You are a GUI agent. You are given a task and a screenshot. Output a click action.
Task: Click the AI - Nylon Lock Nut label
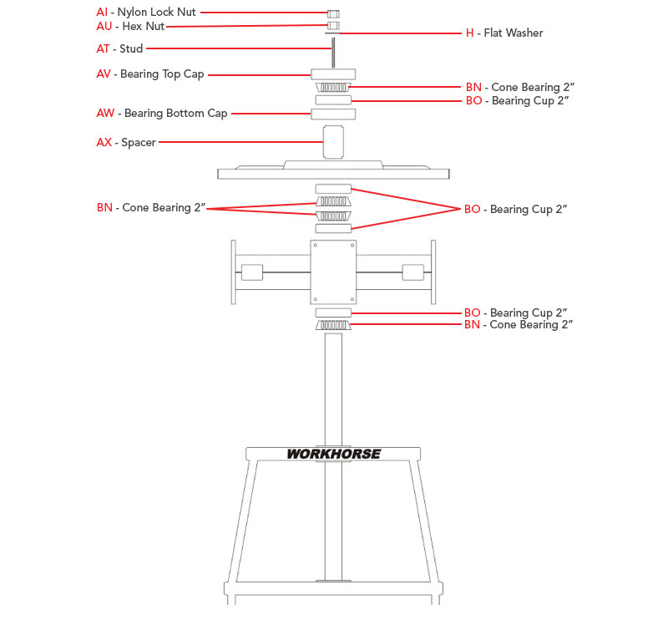tap(146, 13)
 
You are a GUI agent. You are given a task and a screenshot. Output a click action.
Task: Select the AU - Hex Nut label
tap(130, 26)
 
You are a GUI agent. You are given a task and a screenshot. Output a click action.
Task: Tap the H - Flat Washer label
tap(504, 33)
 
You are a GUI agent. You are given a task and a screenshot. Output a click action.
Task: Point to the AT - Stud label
tap(119, 48)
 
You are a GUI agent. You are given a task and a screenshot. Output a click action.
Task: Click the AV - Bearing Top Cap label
tap(150, 74)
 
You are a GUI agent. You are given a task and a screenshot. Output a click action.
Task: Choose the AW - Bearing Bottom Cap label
tap(162, 114)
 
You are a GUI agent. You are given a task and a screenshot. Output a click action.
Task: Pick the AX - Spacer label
tap(125, 143)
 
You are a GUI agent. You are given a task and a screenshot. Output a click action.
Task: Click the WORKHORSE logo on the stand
tap(334, 455)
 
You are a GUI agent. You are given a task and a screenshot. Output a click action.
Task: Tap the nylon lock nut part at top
tap(333, 14)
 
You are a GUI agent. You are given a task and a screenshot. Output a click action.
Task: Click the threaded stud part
tap(333, 54)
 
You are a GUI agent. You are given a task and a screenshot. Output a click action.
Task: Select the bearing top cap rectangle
tap(333, 74)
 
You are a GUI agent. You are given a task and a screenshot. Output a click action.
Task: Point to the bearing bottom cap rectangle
tap(333, 114)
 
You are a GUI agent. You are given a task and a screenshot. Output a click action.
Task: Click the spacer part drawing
tap(333, 141)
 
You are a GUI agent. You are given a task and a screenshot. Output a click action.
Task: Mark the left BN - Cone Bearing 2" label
tap(150, 207)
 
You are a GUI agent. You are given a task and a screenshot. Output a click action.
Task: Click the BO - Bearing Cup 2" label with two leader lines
tap(516, 209)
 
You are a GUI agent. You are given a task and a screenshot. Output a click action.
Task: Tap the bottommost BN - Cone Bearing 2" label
tap(519, 325)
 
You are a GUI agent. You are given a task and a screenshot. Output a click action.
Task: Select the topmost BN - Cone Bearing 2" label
tap(519, 87)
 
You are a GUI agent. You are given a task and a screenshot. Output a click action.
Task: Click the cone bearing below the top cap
tap(333, 88)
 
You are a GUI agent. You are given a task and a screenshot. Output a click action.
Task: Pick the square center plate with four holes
tap(333, 272)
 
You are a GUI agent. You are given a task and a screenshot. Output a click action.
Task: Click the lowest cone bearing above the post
tap(333, 324)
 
